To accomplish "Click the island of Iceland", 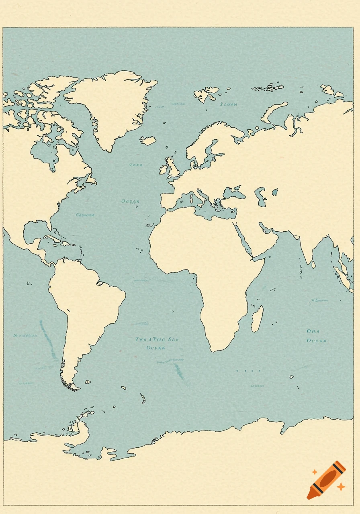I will pos(148,141).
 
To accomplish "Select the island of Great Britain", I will pos(172,167).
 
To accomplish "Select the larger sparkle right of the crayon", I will pos(341,487).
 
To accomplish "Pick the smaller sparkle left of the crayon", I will pos(315,472).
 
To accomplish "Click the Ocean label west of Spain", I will pos(130,201).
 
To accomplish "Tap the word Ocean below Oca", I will pos(317,341).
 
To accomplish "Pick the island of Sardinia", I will pos(191,199).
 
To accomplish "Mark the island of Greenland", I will pos(112,104).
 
